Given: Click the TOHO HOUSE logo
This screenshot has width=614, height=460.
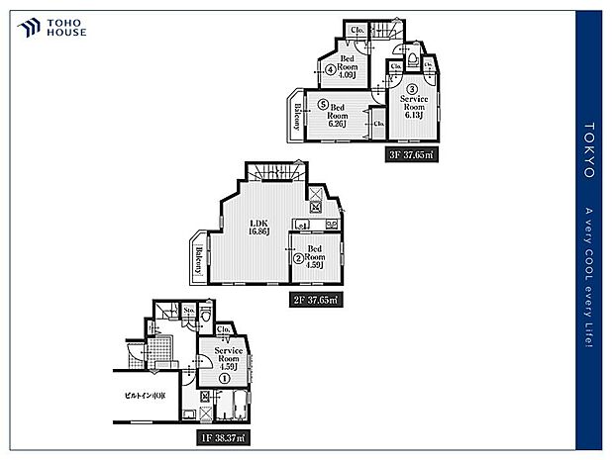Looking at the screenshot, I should pyautogui.click(x=51, y=26).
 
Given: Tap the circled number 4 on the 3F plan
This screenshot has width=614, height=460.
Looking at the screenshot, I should pyautogui.click(x=331, y=68).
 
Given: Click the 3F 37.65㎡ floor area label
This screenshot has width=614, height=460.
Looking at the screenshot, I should pyautogui.click(x=411, y=154).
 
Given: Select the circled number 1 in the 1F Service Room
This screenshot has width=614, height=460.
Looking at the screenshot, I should pyautogui.click(x=225, y=377).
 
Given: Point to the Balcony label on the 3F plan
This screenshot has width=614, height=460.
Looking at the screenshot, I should pyautogui.click(x=297, y=118).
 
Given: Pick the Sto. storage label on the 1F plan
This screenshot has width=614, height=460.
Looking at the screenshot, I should pyautogui.click(x=189, y=312).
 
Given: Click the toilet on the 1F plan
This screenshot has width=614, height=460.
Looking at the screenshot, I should pyautogui.click(x=206, y=315).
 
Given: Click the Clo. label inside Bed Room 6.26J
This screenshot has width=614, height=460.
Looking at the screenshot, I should pyautogui.click(x=379, y=124).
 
